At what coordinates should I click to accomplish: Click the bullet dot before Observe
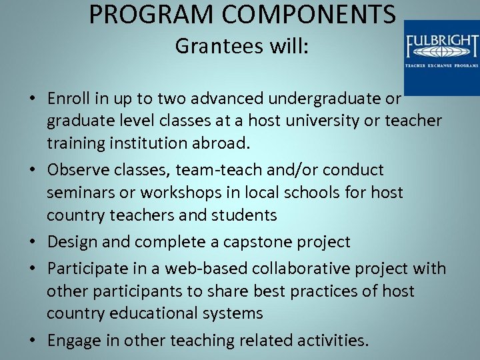coord(32,171)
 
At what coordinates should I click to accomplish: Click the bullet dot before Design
coord(32,242)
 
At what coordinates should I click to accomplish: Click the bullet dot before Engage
coord(32,341)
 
